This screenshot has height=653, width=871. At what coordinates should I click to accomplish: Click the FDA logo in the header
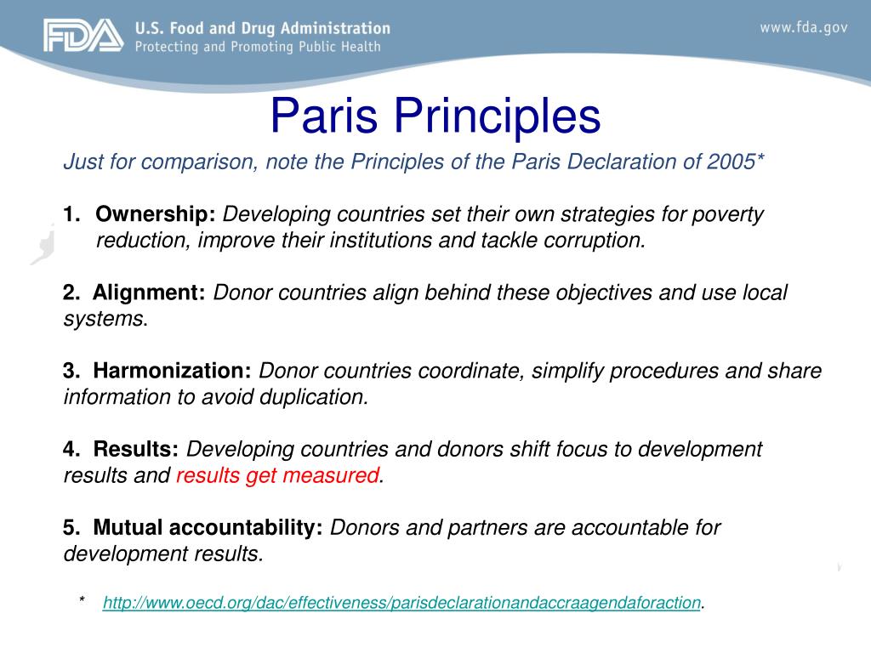(x=84, y=37)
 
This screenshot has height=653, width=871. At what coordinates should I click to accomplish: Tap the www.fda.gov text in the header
(x=803, y=27)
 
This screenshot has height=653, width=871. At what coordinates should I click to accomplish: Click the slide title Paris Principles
(x=435, y=117)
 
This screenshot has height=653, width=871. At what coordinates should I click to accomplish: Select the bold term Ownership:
(x=157, y=214)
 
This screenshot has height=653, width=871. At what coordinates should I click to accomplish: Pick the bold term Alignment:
(x=150, y=292)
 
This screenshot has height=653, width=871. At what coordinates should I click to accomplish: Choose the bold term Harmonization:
(x=173, y=371)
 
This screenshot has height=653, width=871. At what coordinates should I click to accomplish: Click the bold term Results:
(x=136, y=449)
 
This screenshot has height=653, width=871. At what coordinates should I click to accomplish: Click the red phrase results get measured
(x=277, y=475)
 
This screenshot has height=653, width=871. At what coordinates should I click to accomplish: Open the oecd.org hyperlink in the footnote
(x=401, y=603)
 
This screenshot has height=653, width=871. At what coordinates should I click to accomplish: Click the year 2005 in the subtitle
(x=727, y=162)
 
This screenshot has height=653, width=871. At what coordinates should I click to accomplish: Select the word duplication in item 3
(x=319, y=397)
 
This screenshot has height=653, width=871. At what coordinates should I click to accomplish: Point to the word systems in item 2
(x=103, y=319)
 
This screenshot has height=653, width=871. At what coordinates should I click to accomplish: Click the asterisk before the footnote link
(x=82, y=602)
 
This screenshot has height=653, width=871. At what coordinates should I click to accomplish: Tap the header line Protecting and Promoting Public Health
(x=259, y=46)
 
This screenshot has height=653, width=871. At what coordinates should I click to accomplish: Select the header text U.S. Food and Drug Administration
(x=262, y=29)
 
